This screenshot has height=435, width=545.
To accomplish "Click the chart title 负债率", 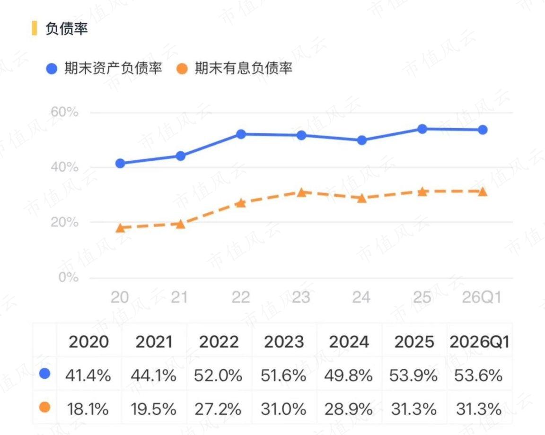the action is click(66, 28).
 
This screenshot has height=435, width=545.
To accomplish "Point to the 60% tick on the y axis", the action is click(64, 112).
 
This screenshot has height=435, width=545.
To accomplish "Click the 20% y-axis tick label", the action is click(64, 222).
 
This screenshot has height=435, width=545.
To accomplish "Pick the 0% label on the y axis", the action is click(69, 277).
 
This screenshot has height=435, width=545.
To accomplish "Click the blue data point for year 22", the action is click(241, 134).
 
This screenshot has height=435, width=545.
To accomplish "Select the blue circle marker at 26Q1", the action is click(483, 130).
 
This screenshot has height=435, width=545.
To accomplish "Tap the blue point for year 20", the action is click(120, 163).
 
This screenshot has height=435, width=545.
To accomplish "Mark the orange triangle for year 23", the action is click(301, 192).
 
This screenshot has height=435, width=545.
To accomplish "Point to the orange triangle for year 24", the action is click(362, 198).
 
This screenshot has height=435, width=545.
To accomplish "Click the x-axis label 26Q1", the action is click(482, 297).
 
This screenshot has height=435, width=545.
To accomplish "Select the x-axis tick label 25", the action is click(422, 297).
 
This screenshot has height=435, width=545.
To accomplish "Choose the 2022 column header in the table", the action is click(219, 342).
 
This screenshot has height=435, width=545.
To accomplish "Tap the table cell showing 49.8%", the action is click(348, 375).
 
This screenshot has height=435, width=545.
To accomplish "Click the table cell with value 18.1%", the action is click(88, 409).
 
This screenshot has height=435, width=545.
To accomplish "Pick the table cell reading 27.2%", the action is click(218, 409).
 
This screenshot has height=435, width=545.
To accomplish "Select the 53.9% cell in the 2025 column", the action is click(413, 375).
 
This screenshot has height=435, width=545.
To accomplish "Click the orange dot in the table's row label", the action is click(45, 407).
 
